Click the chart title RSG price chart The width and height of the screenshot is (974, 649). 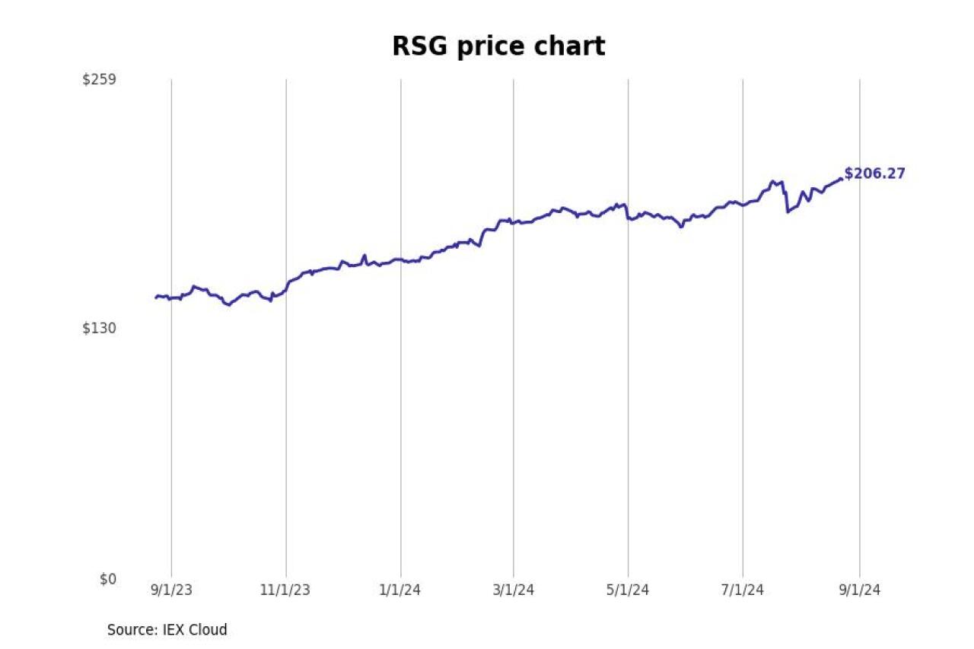[x=498, y=46]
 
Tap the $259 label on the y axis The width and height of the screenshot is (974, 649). [x=99, y=79]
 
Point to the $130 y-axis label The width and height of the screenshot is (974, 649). [x=99, y=329]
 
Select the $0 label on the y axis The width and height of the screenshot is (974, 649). [x=108, y=579]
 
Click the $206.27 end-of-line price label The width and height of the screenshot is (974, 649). [x=875, y=173]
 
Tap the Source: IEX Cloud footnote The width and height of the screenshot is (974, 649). [x=167, y=630]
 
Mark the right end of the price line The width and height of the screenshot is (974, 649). [x=841, y=179]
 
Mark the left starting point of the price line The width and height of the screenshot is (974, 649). [x=156, y=297]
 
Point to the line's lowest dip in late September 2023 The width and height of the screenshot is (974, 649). [x=228, y=305]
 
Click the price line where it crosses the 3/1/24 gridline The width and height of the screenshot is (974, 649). [x=513, y=222]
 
